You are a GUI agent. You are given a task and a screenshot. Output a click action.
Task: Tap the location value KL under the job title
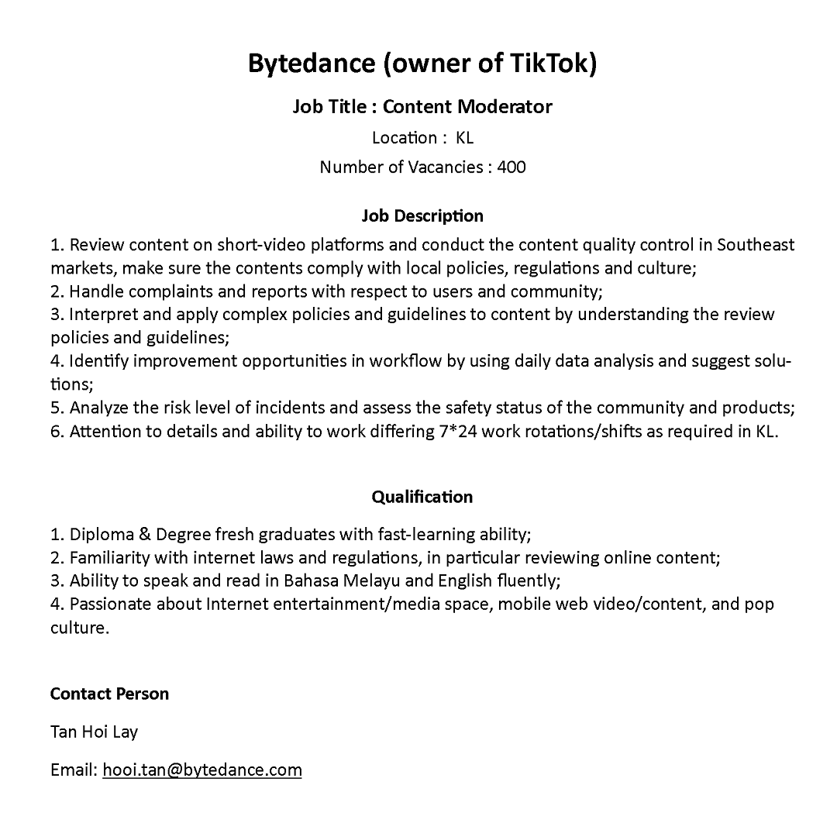464,138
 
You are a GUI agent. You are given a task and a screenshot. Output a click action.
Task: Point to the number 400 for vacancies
511,167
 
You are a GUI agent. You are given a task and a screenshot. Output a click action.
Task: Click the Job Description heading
422,215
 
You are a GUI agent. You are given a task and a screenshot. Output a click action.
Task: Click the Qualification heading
422,497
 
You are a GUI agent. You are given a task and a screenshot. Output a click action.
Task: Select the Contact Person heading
109,694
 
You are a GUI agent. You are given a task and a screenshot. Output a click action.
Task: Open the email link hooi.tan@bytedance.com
202,770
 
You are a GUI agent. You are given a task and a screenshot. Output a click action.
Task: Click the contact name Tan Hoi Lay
94,732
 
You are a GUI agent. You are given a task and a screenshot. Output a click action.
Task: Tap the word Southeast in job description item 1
756,246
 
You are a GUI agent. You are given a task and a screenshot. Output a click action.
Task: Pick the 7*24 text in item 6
451,432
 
